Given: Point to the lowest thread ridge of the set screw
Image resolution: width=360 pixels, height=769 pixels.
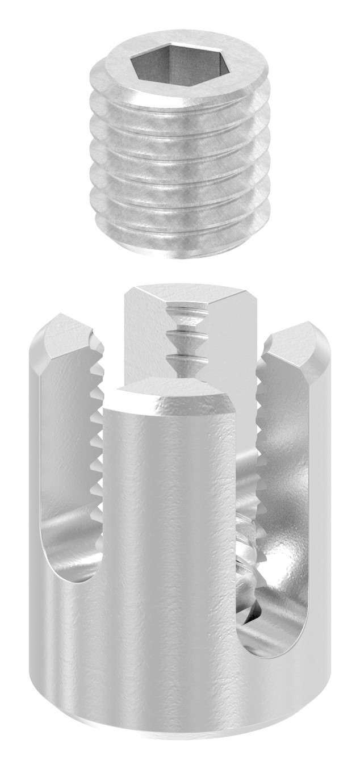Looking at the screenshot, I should [176, 230].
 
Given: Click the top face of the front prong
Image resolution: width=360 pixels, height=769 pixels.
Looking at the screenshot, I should [170, 388].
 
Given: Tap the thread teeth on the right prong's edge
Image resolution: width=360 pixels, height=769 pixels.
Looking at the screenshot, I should [261, 432].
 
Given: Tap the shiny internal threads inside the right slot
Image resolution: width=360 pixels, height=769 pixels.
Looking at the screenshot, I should [250, 545].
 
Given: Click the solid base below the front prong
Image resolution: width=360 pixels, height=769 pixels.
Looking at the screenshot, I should [170, 670].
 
